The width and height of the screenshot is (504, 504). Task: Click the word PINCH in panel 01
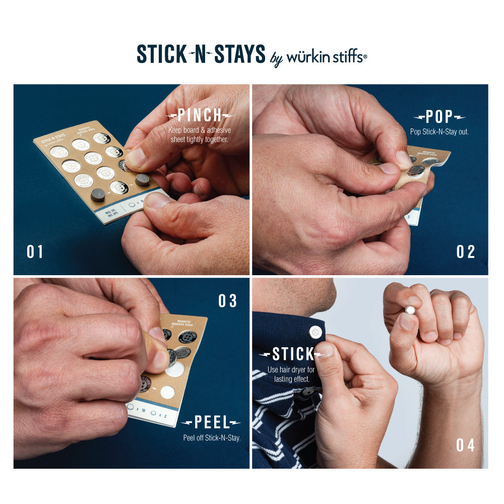200,115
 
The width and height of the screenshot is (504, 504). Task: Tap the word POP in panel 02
439,117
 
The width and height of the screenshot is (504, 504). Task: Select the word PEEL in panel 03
211,423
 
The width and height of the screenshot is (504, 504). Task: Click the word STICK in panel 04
293,354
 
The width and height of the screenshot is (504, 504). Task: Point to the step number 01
35,251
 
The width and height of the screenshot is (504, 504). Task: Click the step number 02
466,251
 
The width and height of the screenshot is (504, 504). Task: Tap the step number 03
227,301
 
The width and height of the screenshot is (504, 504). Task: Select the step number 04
466,445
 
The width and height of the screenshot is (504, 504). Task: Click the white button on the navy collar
316,332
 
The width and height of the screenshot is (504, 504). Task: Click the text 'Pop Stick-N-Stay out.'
439,132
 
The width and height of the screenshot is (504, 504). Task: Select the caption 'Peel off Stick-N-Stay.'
212,437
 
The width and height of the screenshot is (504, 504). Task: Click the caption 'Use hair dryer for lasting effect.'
291,374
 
